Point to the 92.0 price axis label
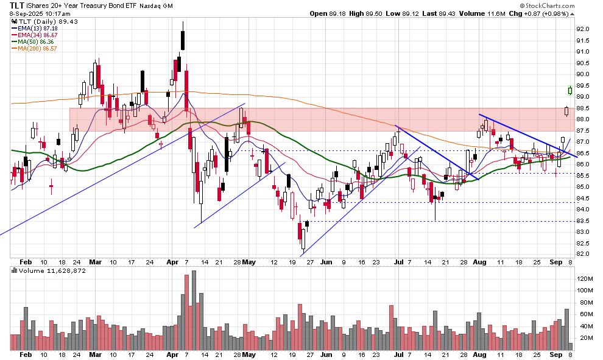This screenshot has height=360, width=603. [x=583, y=29]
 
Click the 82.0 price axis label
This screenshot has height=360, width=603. [x=583, y=254]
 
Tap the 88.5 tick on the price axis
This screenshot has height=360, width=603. [x=583, y=108]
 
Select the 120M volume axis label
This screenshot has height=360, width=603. [x=585, y=278]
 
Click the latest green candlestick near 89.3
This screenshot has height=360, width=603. [x=569, y=90]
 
